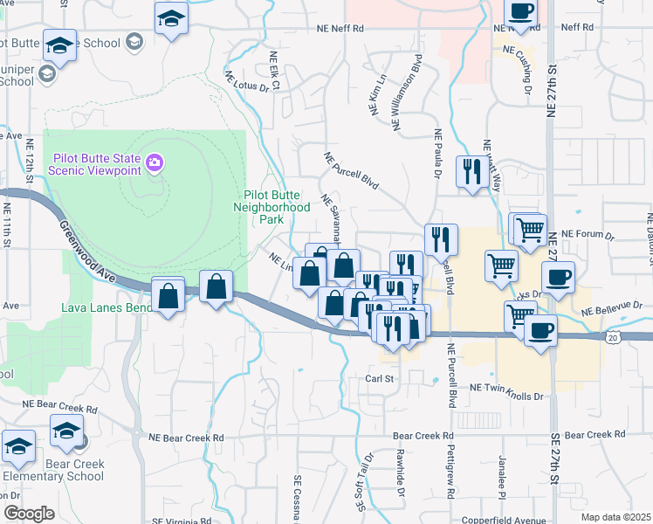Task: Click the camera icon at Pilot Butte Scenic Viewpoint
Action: [155, 162]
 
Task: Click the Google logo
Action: [29, 514]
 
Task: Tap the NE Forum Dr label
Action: [588, 235]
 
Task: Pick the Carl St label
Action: [381, 379]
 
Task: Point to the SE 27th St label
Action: [555, 472]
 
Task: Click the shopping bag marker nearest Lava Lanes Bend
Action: [168, 296]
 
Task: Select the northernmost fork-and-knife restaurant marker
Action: [473, 170]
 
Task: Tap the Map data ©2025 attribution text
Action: [615, 517]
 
